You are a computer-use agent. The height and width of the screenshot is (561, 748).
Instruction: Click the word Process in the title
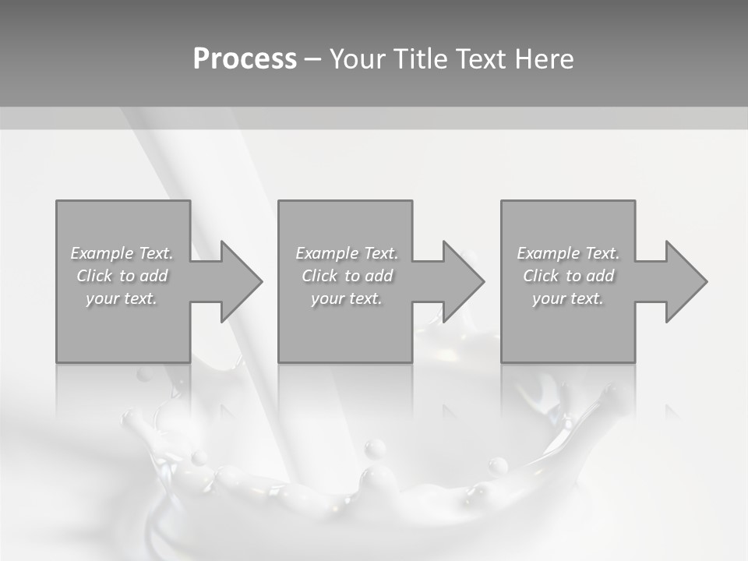tap(245, 59)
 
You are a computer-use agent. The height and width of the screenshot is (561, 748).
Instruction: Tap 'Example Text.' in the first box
tap(122, 253)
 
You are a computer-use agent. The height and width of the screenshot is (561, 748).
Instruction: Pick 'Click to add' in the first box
tap(122, 276)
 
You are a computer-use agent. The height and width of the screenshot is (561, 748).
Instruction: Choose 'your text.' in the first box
tap(122, 298)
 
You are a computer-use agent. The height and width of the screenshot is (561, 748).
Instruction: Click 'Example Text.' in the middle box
tap(347, 253)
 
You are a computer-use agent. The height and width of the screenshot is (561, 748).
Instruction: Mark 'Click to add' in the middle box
tap(347, 276)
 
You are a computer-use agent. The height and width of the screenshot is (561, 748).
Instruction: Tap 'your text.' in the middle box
tap(347, 298)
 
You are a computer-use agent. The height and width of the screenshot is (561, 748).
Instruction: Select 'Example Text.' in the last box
tap(568, 253)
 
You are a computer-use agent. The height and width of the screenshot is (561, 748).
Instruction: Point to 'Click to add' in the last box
tap(568, 276)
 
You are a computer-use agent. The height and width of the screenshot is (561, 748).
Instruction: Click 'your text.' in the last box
tap(568, 298)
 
